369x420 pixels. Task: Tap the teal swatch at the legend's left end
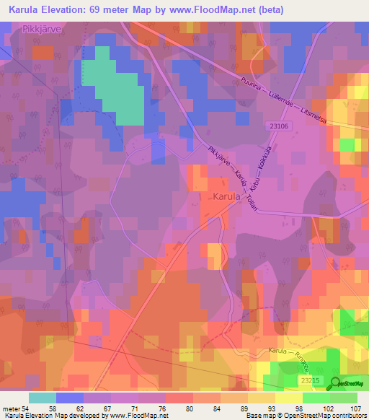42,398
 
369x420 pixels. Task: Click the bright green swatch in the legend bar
316,398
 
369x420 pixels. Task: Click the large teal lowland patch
115,90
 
